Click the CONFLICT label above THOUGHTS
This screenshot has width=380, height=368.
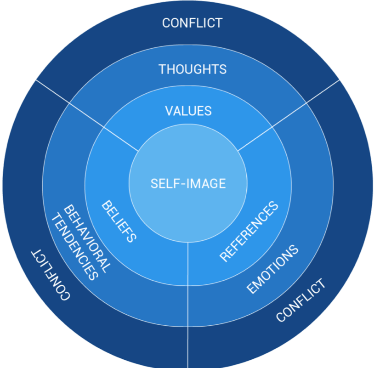pyautogui.click(x=192, y=23)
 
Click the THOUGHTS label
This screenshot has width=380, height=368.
pyautogui.click(x=193, y=69)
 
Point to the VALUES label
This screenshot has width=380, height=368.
pyautogui.click(x=188, y=111)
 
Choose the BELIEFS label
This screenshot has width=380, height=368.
pyautogui.click(x=119, y=221)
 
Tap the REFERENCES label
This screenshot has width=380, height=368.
pyautogui.click(x=250, y=231)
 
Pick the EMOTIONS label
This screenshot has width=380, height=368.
pyautogui.click(x=273, y=269)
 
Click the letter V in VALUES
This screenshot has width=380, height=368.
pyautogui.click(x=169, y=111)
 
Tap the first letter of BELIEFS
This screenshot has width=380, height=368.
pyautogui.click(x=107, y=204)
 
